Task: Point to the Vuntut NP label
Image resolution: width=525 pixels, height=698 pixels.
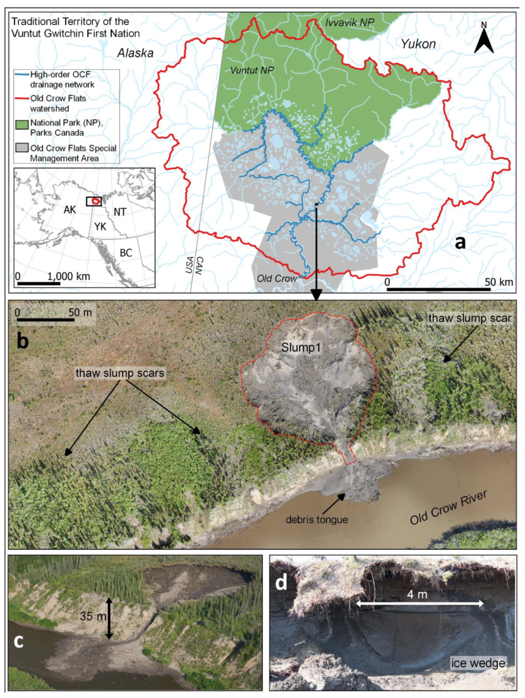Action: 252,70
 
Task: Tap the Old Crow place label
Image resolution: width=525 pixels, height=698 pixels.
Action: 277,278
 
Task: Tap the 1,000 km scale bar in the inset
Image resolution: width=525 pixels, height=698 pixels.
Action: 38,283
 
